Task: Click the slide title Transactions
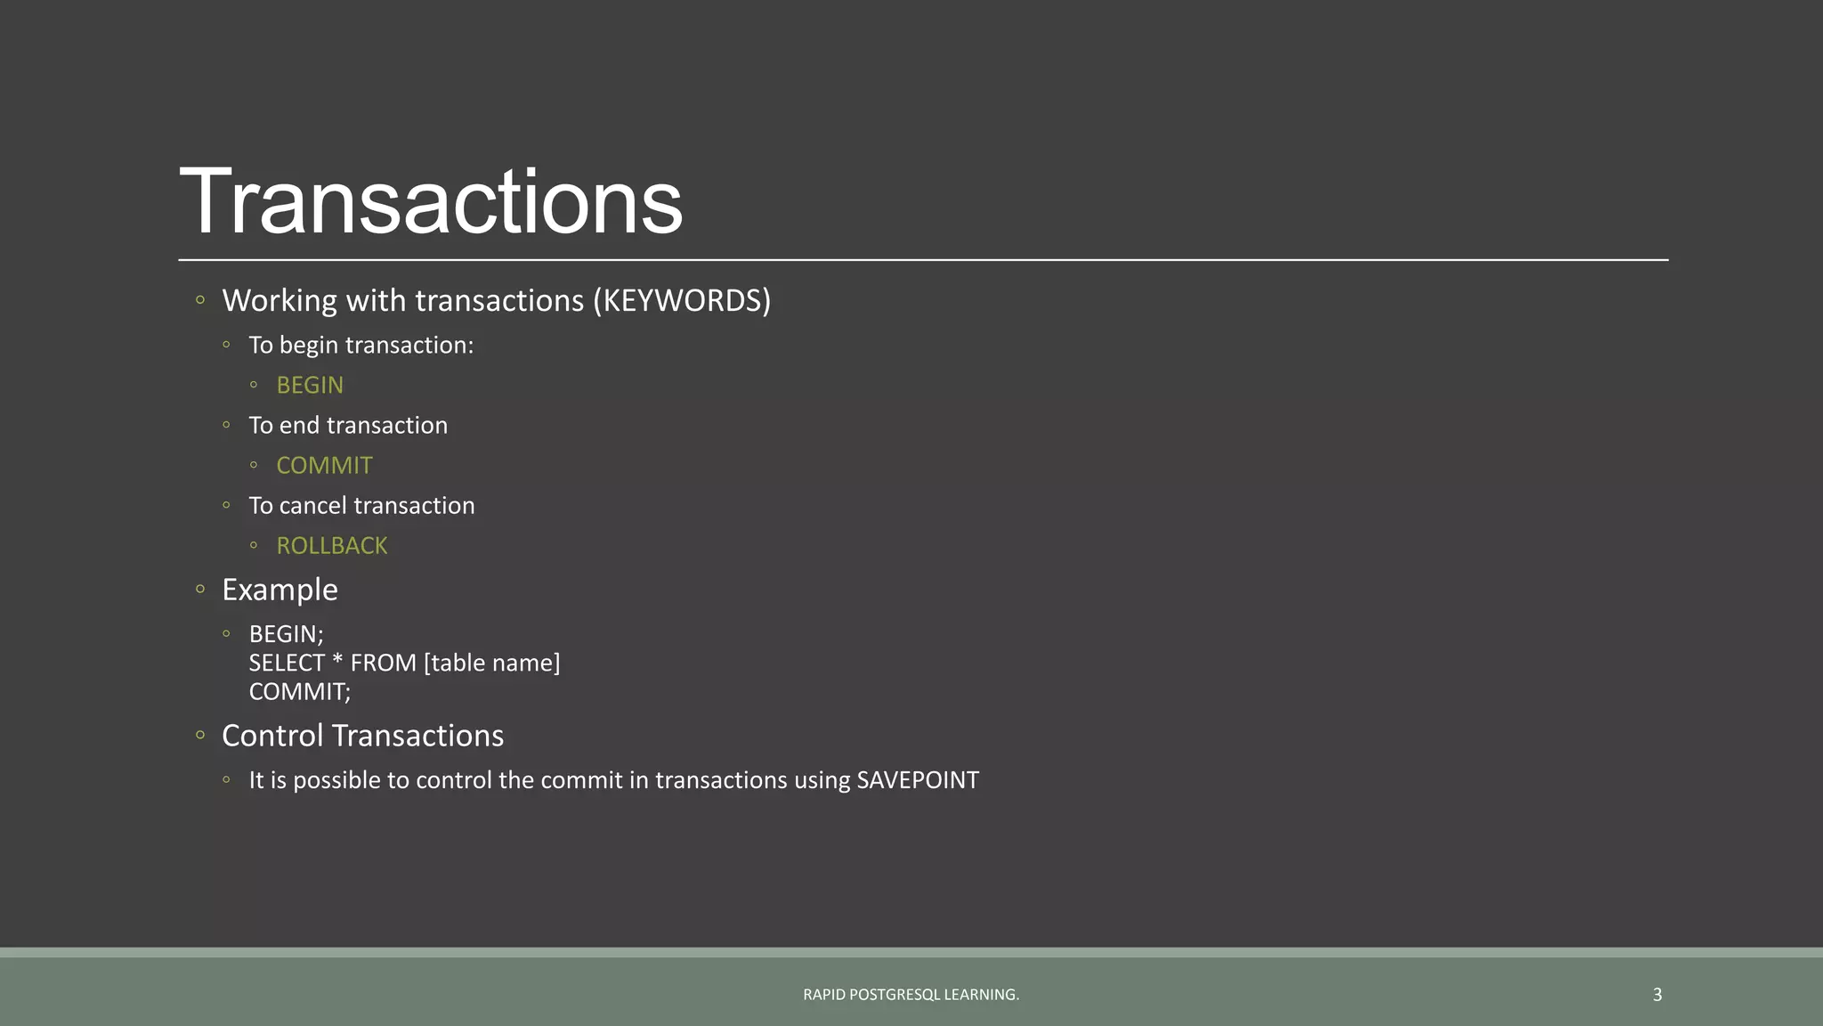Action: click(x=431, y=202)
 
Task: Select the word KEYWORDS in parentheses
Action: click(x=682, y=301)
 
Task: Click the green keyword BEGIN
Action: click(x=310, y=386)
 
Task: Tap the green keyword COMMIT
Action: click(x=324, y=466)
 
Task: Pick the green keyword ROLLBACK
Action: click(x=332, y=546)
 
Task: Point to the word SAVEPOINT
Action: click(x=917, y=780)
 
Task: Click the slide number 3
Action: click(x=1657, y=995)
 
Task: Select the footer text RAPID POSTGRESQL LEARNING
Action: click(x=911, y=995)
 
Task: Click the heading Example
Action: click(x=280, y=590)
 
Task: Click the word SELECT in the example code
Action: click(x=287, y=664)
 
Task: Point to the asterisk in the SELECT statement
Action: click(x=337, y=662)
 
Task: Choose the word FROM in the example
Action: click(x=383, y=664)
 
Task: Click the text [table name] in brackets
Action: click(x=492, y=664)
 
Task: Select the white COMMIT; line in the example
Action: click(x=300, y=692)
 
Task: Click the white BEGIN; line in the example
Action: click(x=286, y=634)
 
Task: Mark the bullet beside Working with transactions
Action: click(x=200, y=300)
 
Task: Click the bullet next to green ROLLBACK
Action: click(x=254, y=545)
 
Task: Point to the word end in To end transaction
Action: click(x=299, y=426)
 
